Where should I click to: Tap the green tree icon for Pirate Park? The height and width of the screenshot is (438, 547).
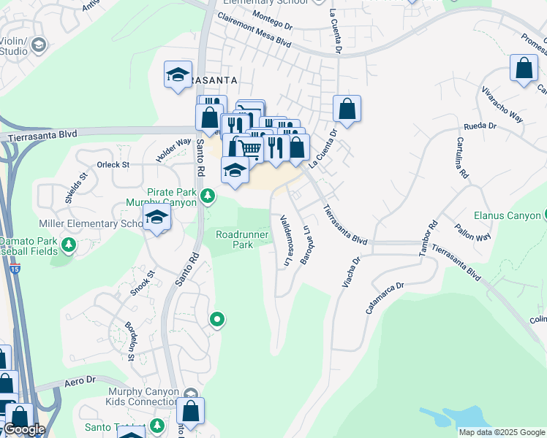208,195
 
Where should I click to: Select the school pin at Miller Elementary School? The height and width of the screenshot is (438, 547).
156,218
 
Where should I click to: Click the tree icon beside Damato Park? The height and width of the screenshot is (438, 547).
69,243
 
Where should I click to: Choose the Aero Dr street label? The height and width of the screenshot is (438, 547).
80,380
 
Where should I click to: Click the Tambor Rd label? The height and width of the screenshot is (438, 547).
428,238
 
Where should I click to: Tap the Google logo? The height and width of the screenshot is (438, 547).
24,429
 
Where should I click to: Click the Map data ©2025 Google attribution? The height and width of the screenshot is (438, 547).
502,432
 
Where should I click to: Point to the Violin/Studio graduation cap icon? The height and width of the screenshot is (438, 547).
38,47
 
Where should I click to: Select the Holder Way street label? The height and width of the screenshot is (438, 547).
173,151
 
